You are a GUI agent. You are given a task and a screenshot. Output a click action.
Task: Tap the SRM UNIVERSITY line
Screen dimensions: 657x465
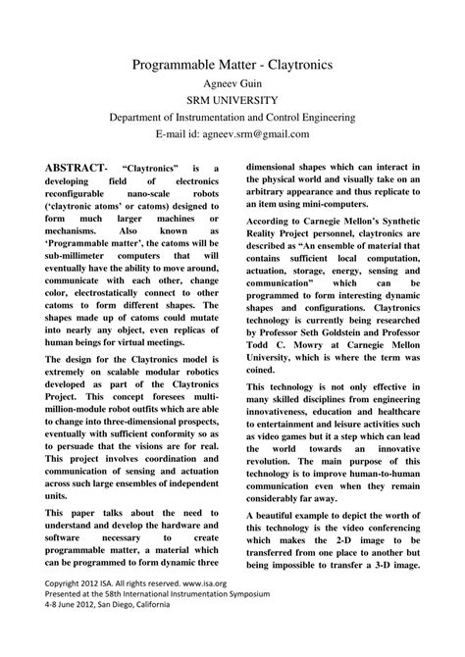(232, 100)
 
